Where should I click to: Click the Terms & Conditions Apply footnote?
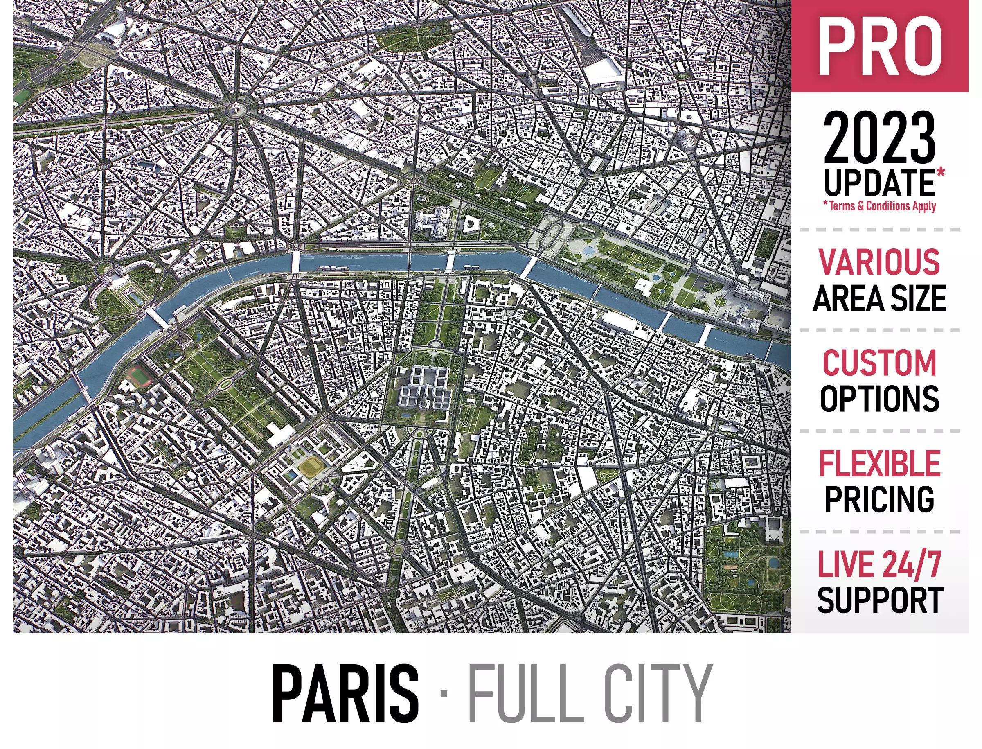click(x=879, y=205)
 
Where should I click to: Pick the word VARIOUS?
click(x=879, y=262)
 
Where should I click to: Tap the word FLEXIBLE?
click(x=879, y=463)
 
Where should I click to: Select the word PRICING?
click(x=879, y=499)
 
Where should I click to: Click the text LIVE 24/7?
click(x=879, y=564)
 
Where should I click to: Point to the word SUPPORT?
click(x=879, y=600)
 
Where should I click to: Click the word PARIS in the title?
click(x=345, y=695)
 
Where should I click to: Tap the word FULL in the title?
click(x=519, y=695)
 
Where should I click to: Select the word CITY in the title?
click(x=646, y=695)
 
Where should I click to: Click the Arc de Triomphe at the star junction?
click(x=233, y=110)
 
